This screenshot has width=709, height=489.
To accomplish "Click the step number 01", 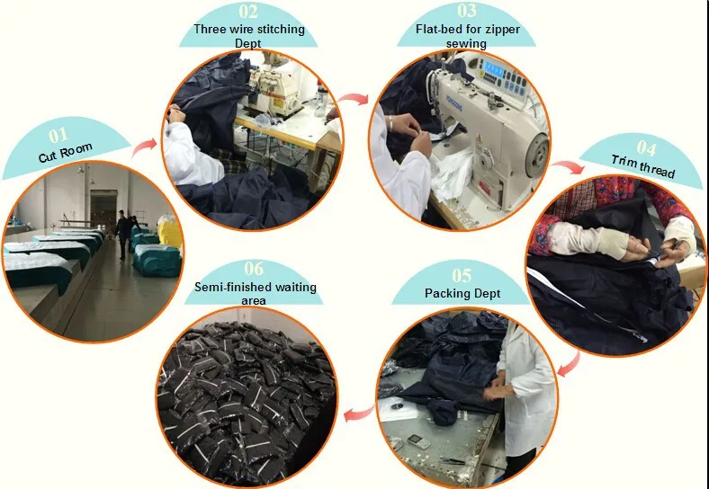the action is tap(58, 135).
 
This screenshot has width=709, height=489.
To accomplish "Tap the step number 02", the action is tap(248, 12).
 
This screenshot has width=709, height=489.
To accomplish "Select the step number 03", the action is tap(467, 11).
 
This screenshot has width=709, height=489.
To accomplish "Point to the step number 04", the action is tap(646, 147).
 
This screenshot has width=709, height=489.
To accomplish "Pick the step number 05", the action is tap(462, 275).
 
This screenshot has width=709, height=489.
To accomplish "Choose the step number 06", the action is tap(254, 269).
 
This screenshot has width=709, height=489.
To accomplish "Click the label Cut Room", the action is tap(65, 153).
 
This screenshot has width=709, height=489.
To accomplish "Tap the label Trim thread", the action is tap(643, 166).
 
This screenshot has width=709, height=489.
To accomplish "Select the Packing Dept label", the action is tap(462, 293).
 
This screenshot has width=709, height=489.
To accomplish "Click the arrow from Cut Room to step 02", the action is tap(145, 147).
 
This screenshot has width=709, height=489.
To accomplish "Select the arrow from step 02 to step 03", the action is tap(354, 99).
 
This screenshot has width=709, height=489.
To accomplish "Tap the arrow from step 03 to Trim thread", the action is tap(568, 167).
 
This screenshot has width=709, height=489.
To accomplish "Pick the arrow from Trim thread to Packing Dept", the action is tap(569, 365).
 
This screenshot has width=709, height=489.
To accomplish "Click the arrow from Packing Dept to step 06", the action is tap(359, 413).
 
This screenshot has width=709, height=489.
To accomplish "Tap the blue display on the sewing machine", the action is tap(493, 70).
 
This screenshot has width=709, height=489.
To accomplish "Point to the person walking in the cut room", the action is tap(121, 234).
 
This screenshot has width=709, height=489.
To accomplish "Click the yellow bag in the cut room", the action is tap(169, 231).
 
